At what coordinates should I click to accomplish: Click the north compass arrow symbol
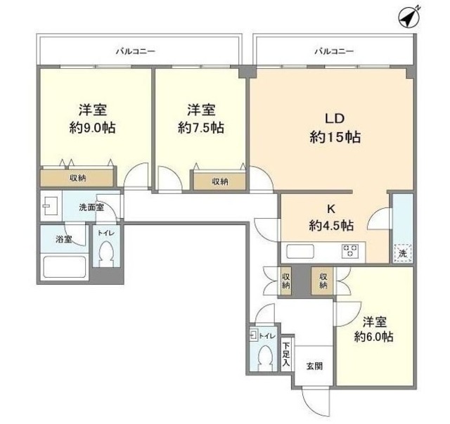click(407, 16)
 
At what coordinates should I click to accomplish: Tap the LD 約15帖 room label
click(335, 127)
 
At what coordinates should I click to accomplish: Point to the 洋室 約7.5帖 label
click(201, 119)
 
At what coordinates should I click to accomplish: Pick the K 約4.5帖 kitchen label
click(330, 217)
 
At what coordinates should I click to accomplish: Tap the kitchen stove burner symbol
click(351, 250)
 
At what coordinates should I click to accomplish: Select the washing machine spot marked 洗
click(403, 252)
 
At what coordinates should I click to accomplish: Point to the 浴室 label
click(63, 240)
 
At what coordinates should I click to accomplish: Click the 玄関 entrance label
click(314, 366)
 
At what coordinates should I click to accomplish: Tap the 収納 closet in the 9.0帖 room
click(77, 179)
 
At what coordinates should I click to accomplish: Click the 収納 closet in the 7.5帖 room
click(220, 181)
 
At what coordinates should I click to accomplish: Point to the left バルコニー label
click(136, 51)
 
